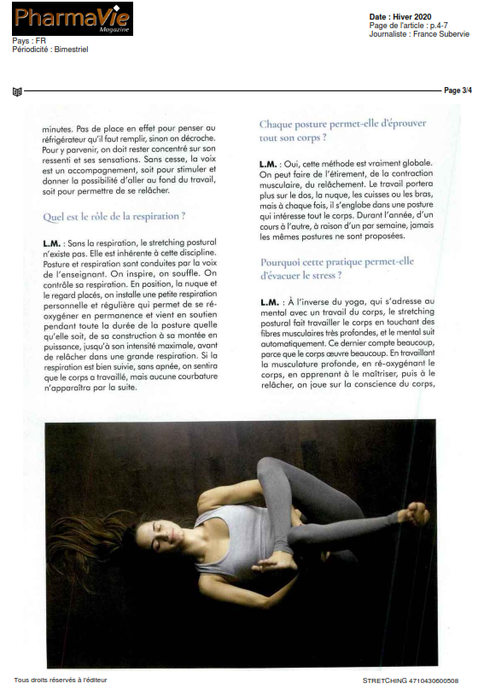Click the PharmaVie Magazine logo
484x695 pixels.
pos(73,19)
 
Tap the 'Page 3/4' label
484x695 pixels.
pos(458,91)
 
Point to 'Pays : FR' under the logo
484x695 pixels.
pos(29,41)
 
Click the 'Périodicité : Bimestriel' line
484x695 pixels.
pos(50,50)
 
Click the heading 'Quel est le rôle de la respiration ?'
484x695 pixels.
pos(114,217)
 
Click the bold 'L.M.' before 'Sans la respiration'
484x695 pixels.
pos(51,243)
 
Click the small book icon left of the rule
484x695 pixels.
pos(17,91)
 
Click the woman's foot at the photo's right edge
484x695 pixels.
pos(417,513)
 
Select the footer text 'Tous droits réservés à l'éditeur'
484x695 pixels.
pos(61,680)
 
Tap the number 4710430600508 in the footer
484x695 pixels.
pos(435,680)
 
